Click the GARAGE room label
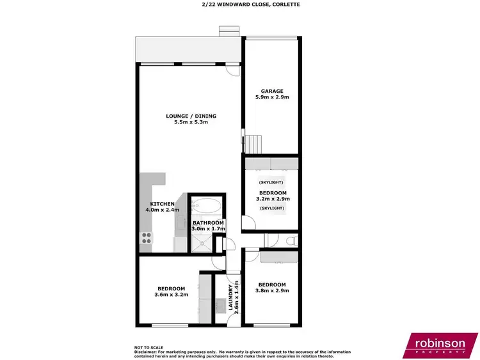[271, 91]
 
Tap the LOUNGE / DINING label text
[191, 116]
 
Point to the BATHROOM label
[208, 223]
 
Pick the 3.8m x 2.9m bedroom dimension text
[271, 290]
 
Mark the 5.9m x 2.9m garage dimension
[271, 98]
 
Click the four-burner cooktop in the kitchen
[146, 238]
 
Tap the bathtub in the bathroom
[208, 207]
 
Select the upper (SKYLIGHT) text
[271, 182]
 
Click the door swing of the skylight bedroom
[248, 224]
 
